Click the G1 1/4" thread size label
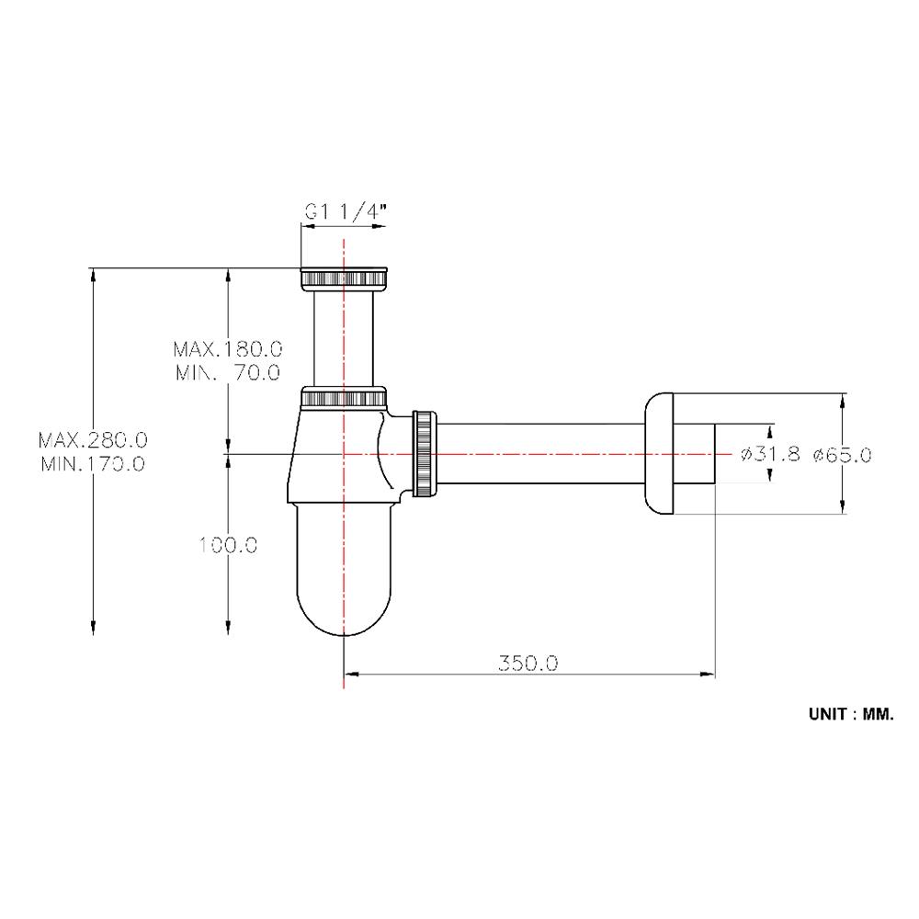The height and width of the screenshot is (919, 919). tap(344, 212)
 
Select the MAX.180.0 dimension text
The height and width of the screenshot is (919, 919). tap(226, 349)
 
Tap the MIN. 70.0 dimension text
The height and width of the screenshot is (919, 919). tap(226, 372)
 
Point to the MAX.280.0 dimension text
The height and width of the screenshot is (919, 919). tap(93, 440)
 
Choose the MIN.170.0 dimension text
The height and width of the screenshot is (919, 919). tap(93, 463)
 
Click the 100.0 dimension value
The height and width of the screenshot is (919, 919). tap(226, 544)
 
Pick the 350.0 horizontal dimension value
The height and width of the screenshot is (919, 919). tap(528, 663)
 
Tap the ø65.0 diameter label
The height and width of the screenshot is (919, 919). tap(841, 453)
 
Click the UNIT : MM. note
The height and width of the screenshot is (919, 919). tap(850, 712)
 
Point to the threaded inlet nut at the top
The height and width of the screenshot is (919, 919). tap(344, 278)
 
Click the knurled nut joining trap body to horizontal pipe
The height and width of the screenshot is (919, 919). tap(425, 453)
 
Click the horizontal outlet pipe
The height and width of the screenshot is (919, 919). tap(542, 453)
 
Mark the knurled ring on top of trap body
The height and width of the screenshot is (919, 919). tap(343, 399)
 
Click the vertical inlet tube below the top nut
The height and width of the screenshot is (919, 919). tap(343, 335)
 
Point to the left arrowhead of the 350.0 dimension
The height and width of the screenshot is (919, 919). tap(349, 675)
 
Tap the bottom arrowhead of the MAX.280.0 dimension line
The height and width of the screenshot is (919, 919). tap(93, 629)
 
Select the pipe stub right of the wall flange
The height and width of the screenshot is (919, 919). tap(698, 453)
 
